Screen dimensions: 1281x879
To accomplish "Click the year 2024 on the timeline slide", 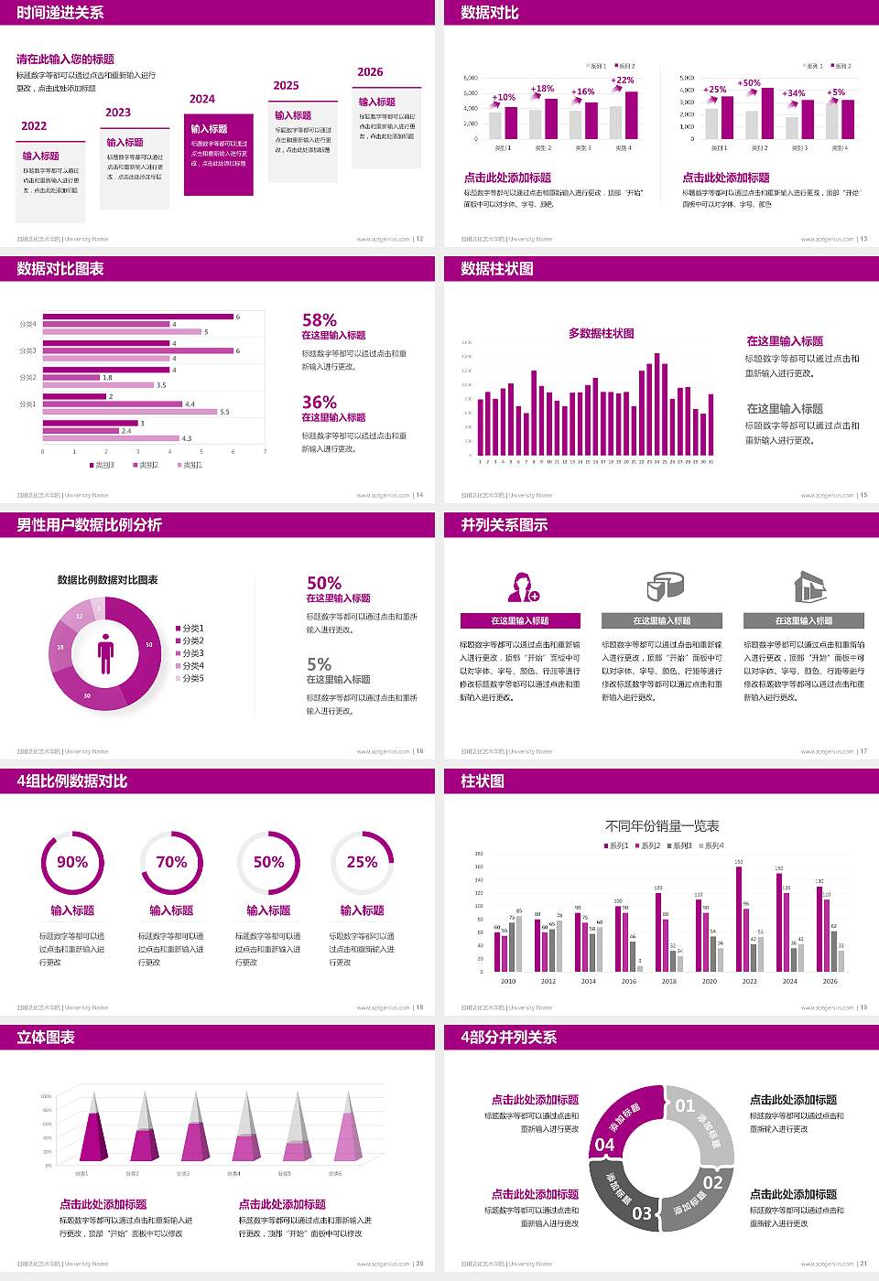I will [x=202, y=99].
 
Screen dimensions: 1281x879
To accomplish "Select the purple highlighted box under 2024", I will [x=218, y=155].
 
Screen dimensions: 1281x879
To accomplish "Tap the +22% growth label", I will [x=623, y=81].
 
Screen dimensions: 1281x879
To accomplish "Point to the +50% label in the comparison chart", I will [x=749, y=83].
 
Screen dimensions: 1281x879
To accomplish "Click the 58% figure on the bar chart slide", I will [x=320, y=320].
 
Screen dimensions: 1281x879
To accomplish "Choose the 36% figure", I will [x=320, y=403].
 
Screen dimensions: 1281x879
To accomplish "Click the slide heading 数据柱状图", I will [x=497, y=269].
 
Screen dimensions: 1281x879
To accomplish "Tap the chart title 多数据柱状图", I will [x=602, y=333].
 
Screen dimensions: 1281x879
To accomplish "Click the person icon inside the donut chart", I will [x=105, y=653].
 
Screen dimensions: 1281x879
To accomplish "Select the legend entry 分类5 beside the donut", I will [x=192, y=678].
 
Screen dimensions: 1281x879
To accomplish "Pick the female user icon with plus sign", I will [x=523, y=587].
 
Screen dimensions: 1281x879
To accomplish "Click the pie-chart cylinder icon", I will [x=666, y=587].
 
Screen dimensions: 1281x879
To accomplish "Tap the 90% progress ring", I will [x=72, y=862].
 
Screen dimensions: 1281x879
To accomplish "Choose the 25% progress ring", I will [x=362, y=862].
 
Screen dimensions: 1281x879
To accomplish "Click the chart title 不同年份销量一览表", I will [x=662, y=825].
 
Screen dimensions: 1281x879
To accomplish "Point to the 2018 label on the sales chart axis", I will [x=669, y=981].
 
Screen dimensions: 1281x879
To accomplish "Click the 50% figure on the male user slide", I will [x=324, y=584].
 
